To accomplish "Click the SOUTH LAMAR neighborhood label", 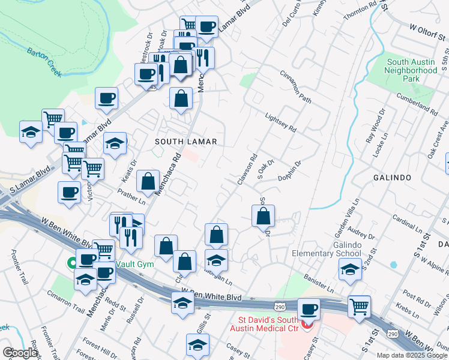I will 185,142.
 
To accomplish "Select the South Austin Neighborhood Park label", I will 412,70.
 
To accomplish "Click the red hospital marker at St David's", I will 307,325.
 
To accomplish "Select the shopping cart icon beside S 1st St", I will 359,306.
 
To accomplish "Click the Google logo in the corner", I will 20,353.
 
